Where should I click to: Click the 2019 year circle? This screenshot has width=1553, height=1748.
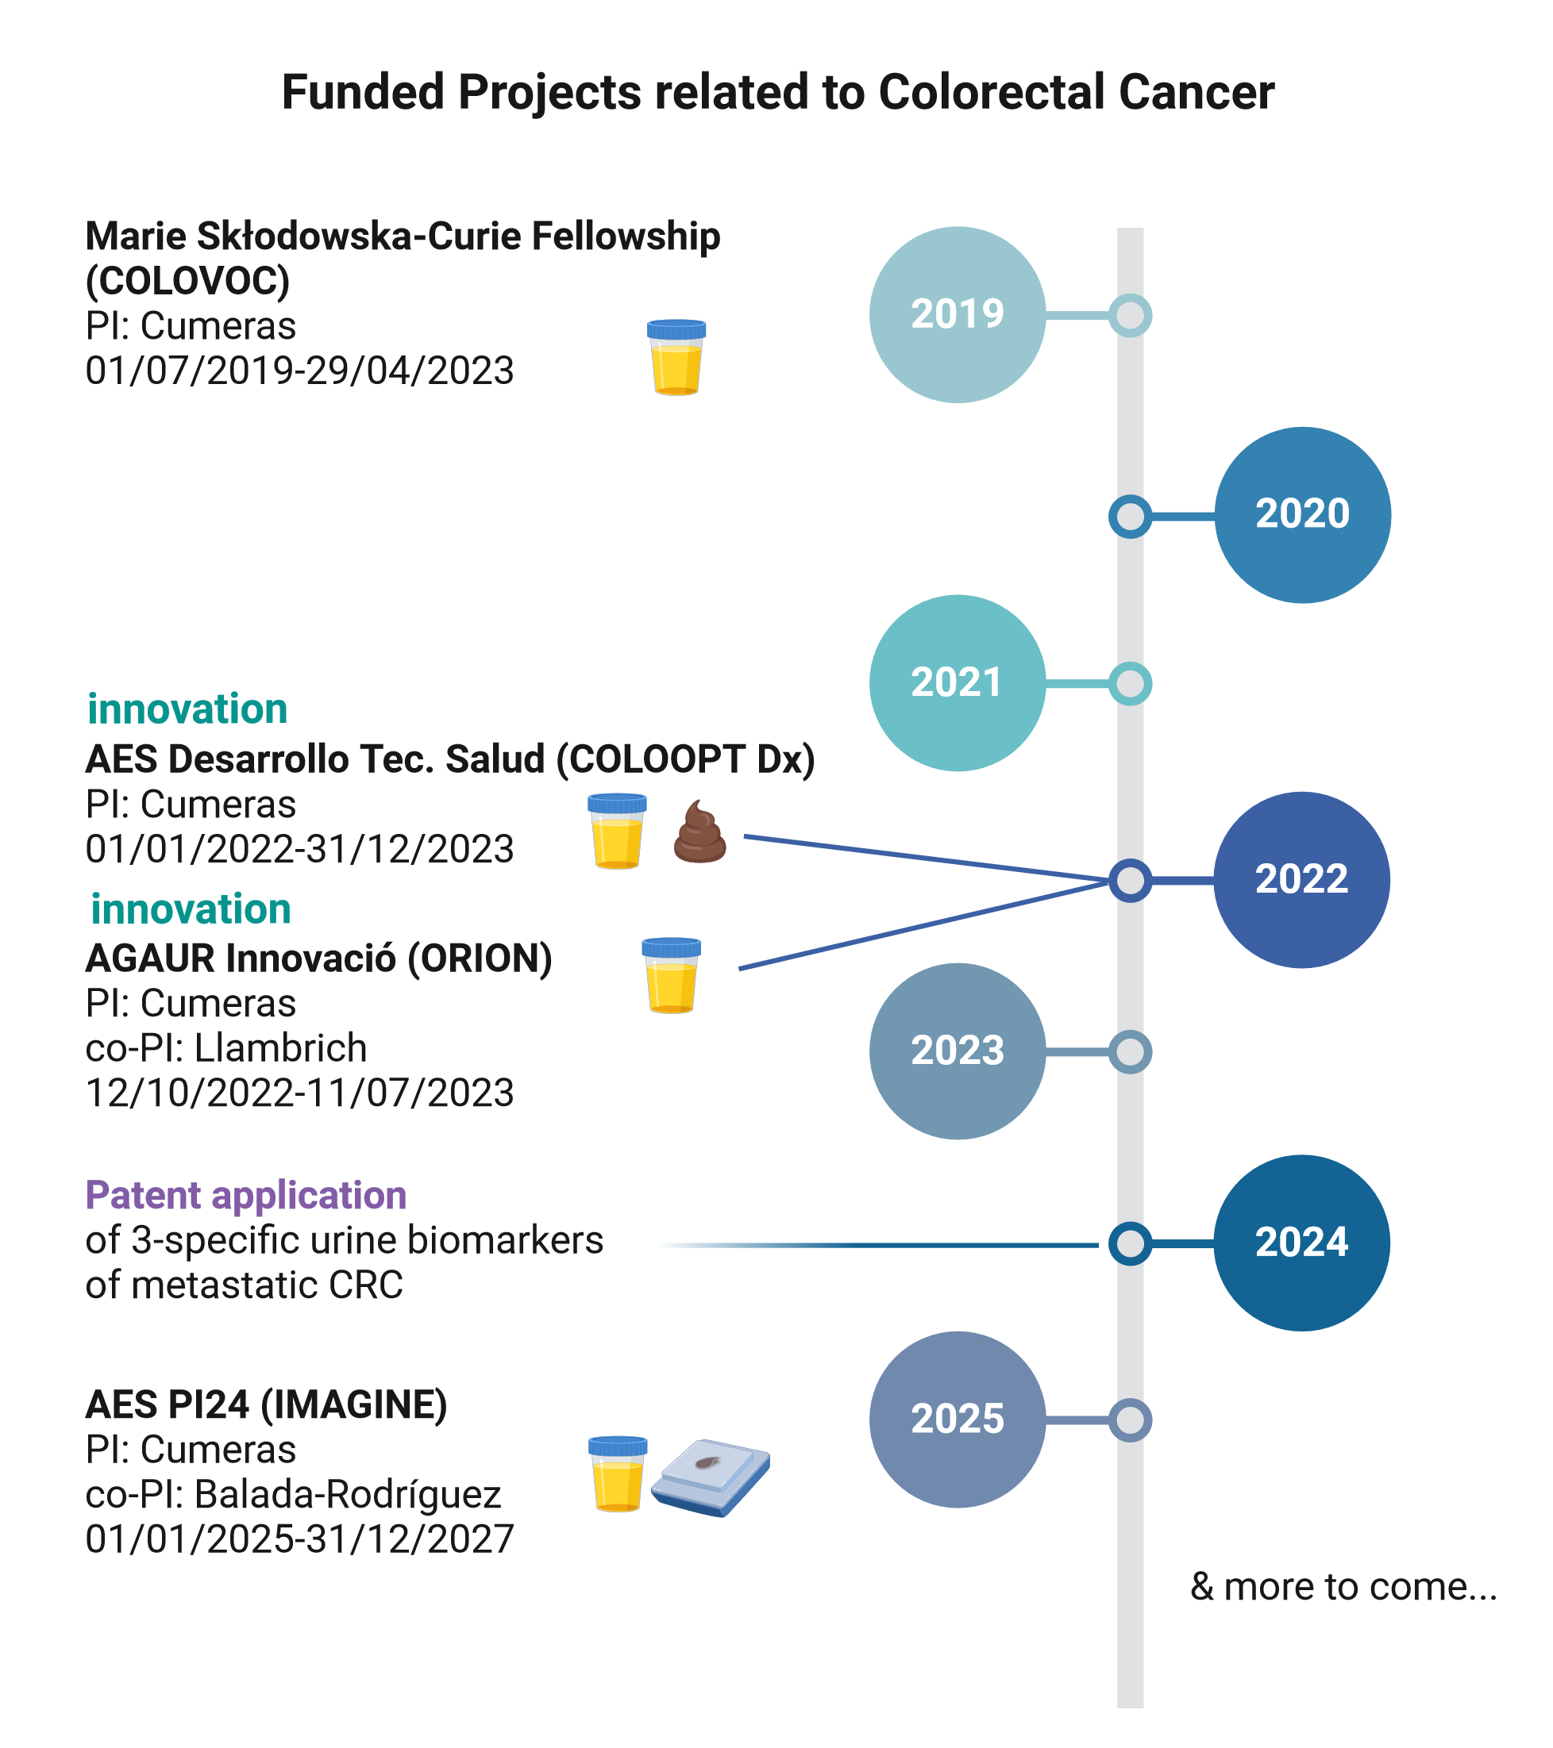(958, 314)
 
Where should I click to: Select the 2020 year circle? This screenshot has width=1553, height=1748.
(1302, 514)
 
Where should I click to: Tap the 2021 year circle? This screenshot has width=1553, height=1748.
(958, 682)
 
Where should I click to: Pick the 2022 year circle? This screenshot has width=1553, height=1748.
(1301, 879)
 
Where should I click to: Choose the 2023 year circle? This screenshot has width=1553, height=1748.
(958, 1051)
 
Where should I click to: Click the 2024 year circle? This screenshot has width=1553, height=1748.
(1301, 1243)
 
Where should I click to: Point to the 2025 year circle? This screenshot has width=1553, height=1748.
(958, 1419)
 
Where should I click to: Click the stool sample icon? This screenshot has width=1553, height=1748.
(700, 832)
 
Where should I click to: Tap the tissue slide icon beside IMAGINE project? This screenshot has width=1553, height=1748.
(711, 1476)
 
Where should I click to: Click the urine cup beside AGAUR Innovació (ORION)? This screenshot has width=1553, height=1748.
(672, 975)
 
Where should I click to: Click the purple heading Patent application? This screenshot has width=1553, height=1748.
(245, 1195)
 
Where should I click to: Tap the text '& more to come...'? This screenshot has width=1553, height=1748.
(1343, 1586)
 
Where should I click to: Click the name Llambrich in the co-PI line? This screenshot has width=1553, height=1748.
(280, 1047)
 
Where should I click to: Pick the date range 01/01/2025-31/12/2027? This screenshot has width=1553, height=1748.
(299, 1539)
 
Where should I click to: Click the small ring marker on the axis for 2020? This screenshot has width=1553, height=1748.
(1131, 516)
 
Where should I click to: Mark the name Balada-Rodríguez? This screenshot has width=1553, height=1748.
(348, 1494)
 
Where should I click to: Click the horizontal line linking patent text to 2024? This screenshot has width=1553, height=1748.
(877, 1245)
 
